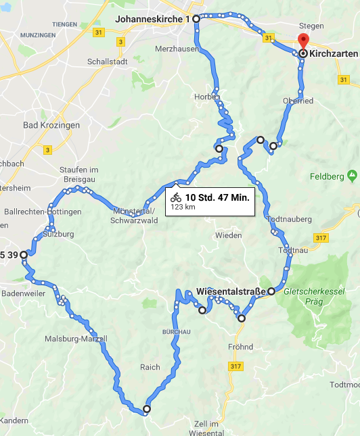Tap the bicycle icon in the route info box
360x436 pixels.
176,197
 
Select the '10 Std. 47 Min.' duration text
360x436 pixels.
217,197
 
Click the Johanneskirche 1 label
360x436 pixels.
152,19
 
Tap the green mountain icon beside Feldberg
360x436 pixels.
351,176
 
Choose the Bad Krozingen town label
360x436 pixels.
51,125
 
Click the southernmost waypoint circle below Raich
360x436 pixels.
146,409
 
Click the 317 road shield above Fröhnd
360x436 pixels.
235,366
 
